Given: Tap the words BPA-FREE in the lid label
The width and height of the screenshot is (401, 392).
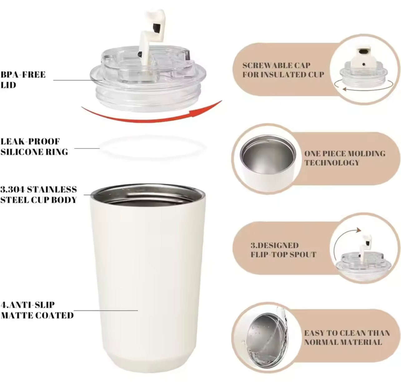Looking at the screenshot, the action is (23, 75).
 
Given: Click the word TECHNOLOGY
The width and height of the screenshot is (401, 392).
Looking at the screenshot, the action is (332, 163).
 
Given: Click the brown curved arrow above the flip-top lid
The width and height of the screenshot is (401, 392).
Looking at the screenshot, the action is (341, 239).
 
